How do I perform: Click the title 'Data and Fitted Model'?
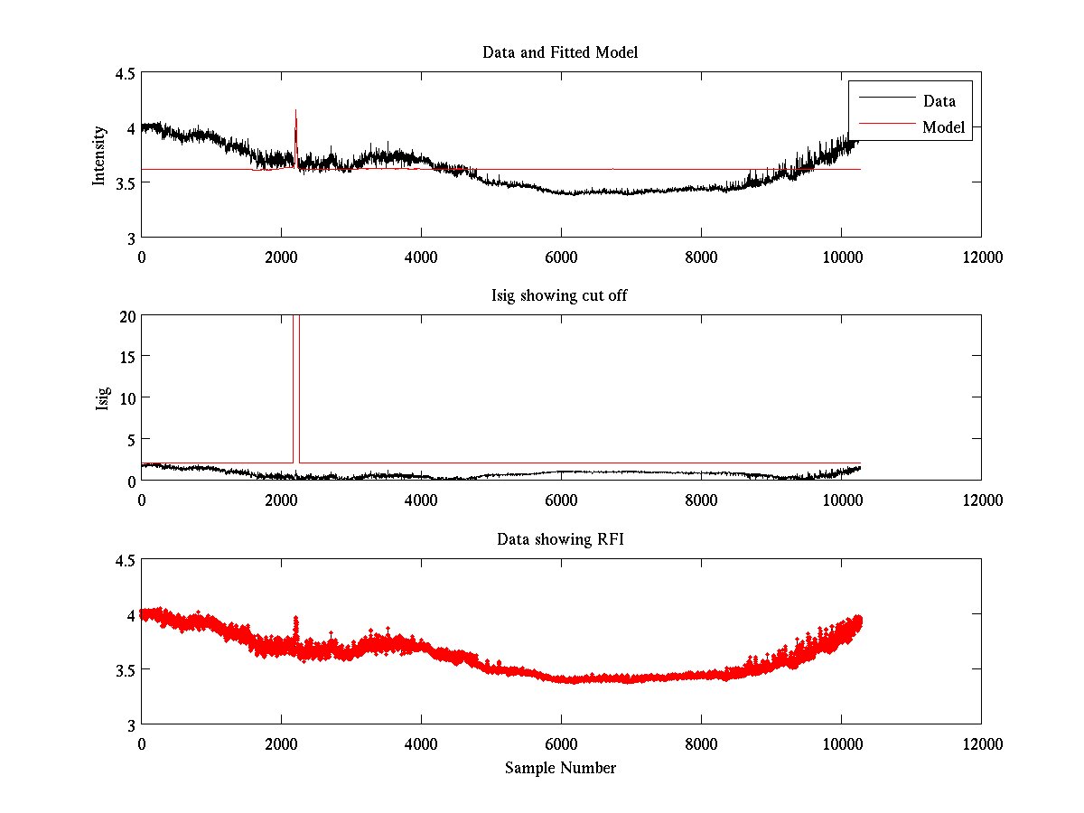tap(560, 52)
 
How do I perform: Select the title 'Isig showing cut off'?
tap(560, 296)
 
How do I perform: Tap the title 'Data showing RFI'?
tap(560, 539)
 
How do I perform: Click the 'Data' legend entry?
tap(939, 100)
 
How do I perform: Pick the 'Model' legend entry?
tap(943, 127)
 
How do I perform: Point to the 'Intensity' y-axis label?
tap(100, 155)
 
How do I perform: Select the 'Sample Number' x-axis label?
tap(560, 768)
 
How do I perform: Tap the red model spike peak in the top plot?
tap(295, 110)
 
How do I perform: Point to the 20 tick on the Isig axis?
tap(126, 316)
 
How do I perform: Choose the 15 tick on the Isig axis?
tap(126, 357)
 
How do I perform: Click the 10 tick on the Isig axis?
tap(126, 398)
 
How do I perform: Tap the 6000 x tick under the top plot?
tap(561, 257)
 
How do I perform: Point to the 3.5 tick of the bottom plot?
tap(125, 670)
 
